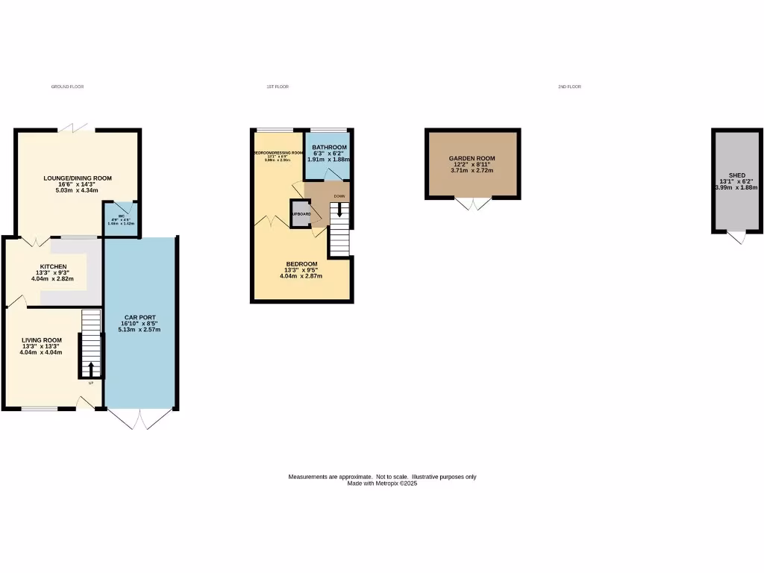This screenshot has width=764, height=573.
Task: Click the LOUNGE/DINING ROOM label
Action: coord(77,178)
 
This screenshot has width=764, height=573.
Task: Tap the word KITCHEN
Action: coord(54,266)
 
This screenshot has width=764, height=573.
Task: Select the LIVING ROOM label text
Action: coord(42,339)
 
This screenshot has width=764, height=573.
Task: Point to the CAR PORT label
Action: coord(140,317)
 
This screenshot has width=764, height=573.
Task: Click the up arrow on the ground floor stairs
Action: coord(91,368)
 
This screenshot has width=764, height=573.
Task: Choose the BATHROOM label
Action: coord(329,147)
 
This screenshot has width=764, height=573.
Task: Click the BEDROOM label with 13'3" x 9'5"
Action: coord(301,264)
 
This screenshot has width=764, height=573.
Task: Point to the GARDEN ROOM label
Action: coord(472,158)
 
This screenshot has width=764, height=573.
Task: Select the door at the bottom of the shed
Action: coord(736,237)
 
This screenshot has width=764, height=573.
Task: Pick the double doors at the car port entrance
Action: coord(140,419)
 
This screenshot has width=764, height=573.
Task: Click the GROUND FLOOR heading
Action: coord(67,87)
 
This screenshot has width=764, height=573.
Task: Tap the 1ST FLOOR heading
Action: coord(278,87)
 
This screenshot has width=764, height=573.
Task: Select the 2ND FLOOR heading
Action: coord(569,87)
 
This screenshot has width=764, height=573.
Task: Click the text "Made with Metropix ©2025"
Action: coord(382,483)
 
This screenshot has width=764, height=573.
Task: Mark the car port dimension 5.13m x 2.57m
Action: coord(140,330)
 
